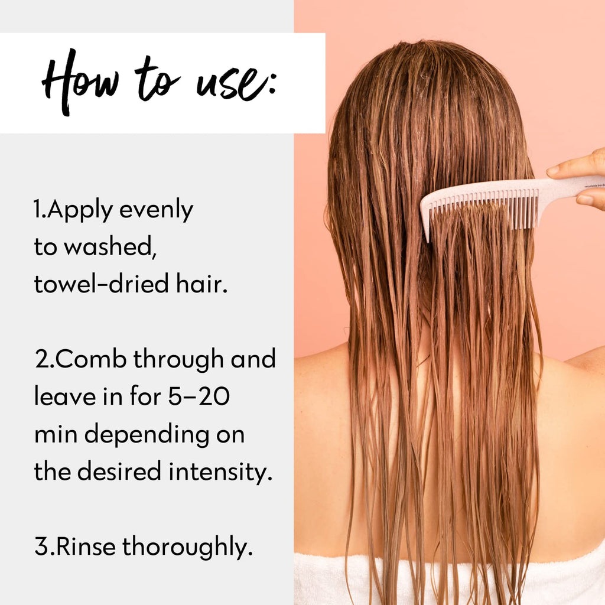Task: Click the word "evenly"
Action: [156, 211]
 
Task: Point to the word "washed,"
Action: [110, 247]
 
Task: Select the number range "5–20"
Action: [199, 396]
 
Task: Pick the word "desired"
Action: [119, 471]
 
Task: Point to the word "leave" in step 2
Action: [65, 396]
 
